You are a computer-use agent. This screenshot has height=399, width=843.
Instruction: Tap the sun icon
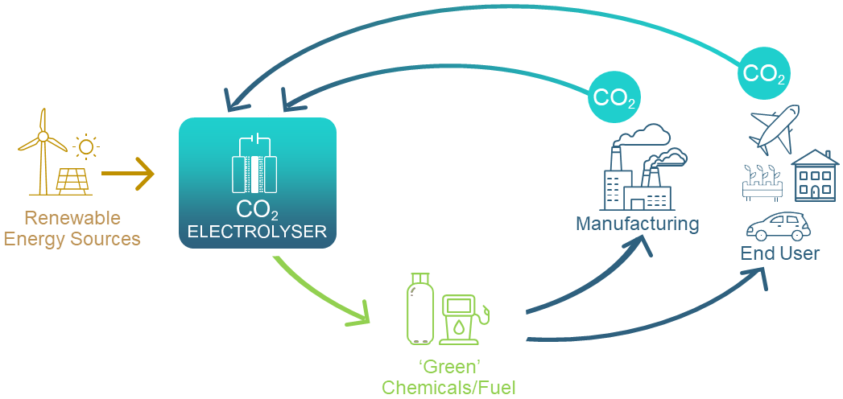click(x=85, y=146)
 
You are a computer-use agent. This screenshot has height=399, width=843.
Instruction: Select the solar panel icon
click(x=73, y=180)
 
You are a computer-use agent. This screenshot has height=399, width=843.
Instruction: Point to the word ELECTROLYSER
click(x=257, y=232)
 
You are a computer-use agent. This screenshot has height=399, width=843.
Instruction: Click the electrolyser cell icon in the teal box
click(x=254, y=164)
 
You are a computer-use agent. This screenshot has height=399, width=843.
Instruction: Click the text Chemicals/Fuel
click(x=448, y=387)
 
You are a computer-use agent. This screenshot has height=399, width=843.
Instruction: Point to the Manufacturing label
click(x=637, y=223)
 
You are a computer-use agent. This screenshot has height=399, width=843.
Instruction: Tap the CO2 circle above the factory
click(x=614, y=97)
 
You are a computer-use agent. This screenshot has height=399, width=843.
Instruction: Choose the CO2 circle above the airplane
click(x=762, y=75)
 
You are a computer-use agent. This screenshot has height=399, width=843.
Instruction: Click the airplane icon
click(x=774, y=129)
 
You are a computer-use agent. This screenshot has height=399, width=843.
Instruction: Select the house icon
click(x=815, y=176)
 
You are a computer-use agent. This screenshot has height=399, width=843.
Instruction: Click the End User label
click(x=779, y=254)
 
